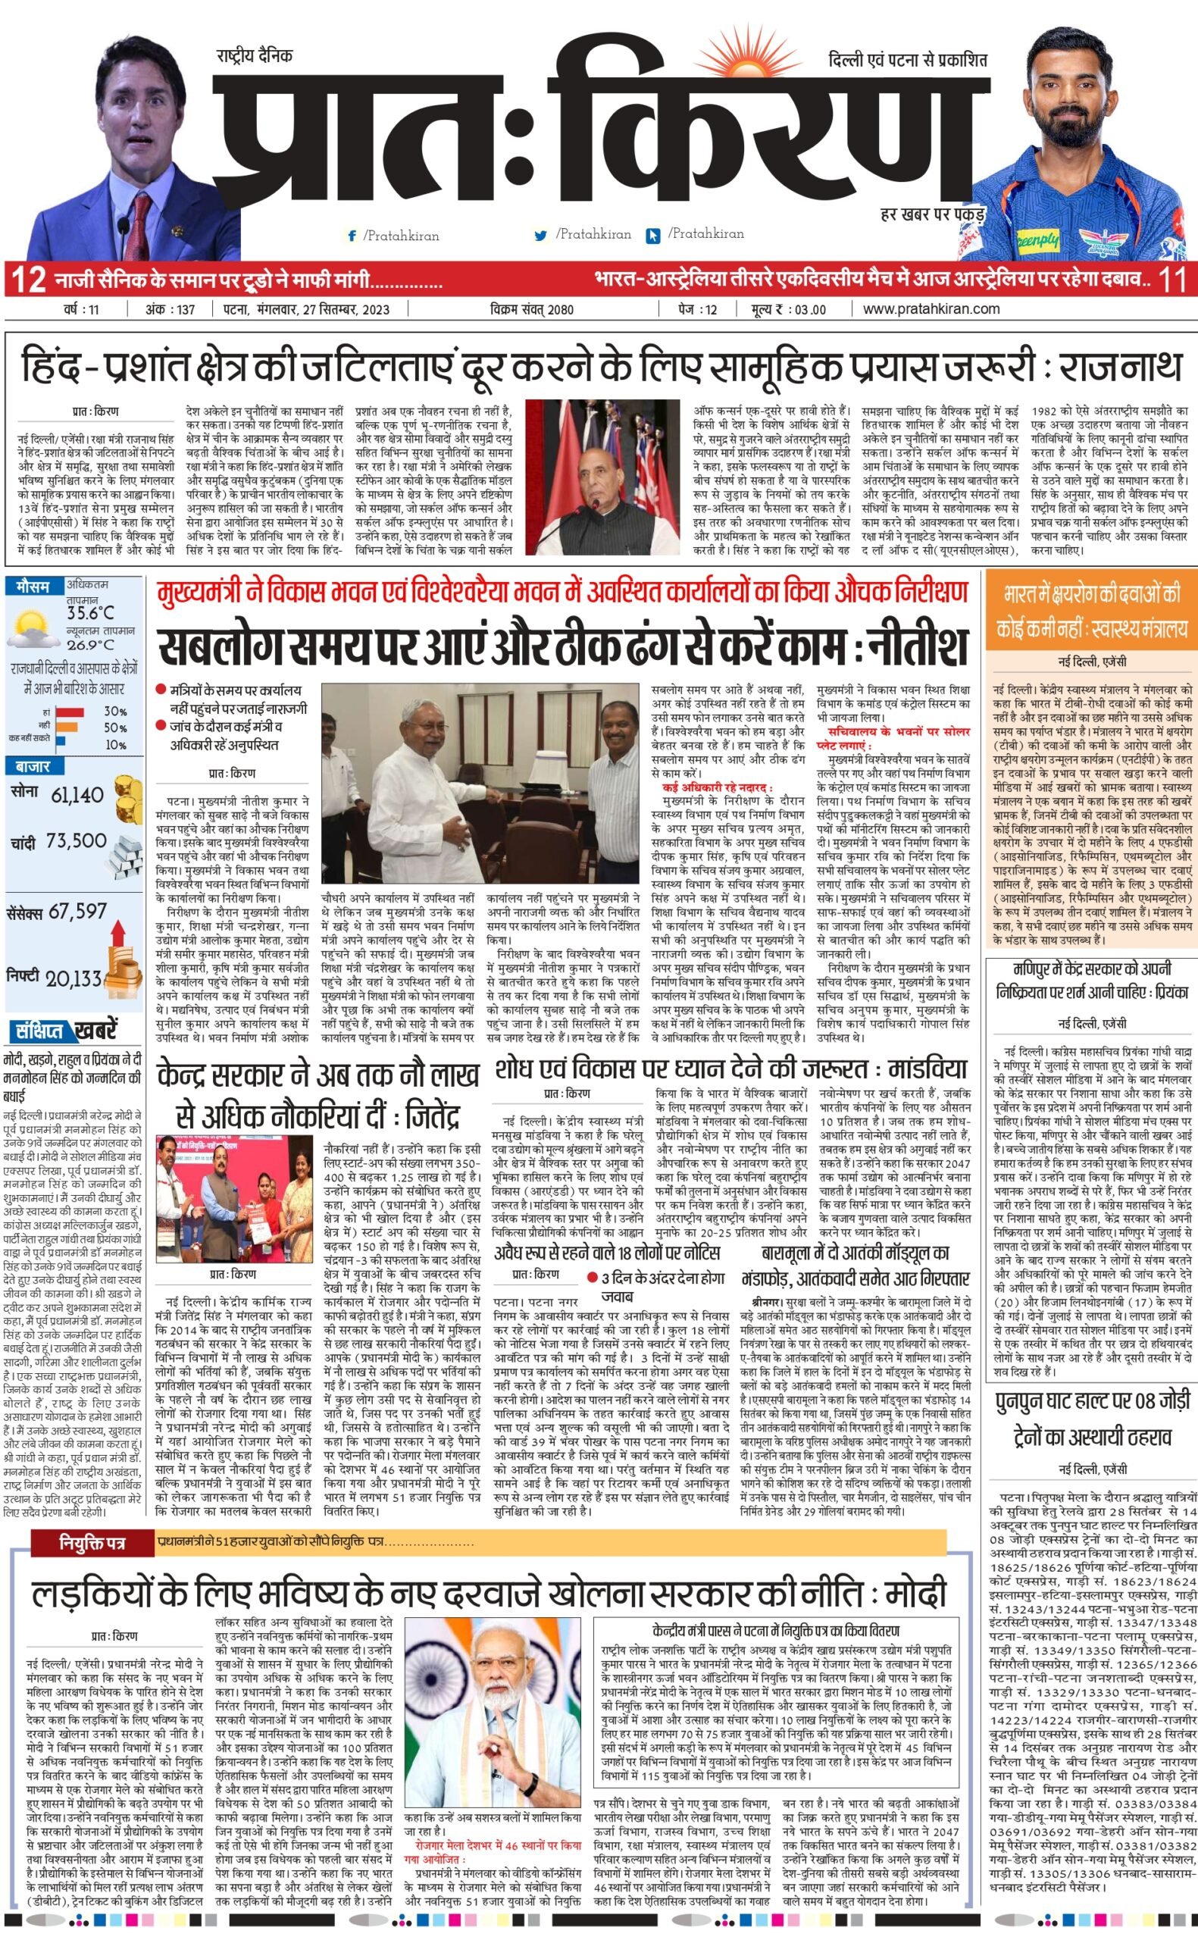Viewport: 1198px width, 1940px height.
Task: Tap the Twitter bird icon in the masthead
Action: [x=541, y=235]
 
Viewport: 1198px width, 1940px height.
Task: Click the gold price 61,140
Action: [x=77, y=793]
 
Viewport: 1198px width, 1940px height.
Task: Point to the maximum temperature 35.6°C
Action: [x=89, y=612]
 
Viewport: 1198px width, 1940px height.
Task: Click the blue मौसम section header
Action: [x=33, y=587]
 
